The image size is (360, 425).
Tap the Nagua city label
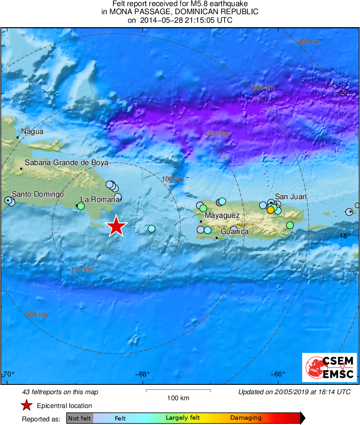[32, 131]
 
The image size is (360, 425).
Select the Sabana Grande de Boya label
[66, 163]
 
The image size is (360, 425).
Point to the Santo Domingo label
[38, 194]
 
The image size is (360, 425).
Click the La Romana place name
[100, 199]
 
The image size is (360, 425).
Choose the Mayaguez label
[222, 216]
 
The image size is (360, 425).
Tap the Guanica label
[234, 232]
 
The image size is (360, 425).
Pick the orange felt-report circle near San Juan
[270, 210]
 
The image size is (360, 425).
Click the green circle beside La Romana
[81, 206]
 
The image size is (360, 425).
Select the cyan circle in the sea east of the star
[151, 228]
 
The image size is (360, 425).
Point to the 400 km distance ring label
[309, 42]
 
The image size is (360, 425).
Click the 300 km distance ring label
[263, 88]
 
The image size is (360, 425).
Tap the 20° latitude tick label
[345, 93]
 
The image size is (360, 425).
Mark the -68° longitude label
[142, 374]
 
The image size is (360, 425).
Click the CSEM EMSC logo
[329, 367]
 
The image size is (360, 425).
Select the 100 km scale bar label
[178, 398]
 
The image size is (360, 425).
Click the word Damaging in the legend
[246, 418]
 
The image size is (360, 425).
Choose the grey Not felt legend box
[79, 418]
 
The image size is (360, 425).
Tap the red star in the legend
[27, 405]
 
